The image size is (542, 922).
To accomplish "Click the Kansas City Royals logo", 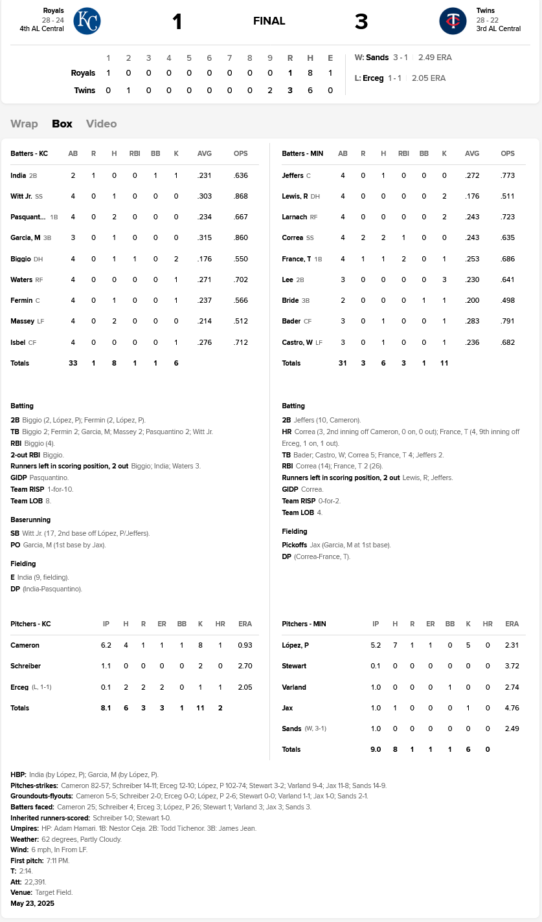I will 87,21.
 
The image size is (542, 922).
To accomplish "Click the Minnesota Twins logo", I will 453,21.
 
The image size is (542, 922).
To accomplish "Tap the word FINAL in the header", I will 269,21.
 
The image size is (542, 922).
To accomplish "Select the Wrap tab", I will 24,124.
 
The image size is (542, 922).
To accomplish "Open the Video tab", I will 102,124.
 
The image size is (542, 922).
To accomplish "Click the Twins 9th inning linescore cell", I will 270,90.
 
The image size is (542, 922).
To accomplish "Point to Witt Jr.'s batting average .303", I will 205,196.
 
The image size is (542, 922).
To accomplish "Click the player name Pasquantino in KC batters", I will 28,217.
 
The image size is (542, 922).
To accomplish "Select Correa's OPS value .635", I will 508,238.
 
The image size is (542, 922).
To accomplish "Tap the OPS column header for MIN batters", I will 508,153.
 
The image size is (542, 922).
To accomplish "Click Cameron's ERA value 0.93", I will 245,645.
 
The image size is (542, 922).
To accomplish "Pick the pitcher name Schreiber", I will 26,666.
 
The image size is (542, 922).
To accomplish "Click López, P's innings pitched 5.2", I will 376,645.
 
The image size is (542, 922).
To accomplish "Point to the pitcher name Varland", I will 294,687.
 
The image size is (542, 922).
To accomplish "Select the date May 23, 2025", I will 32,903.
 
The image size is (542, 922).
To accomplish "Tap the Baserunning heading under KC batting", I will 30,520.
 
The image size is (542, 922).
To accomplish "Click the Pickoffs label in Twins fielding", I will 295,545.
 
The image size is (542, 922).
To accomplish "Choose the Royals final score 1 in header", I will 177,22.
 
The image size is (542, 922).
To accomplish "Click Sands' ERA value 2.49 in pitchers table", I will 512,729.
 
